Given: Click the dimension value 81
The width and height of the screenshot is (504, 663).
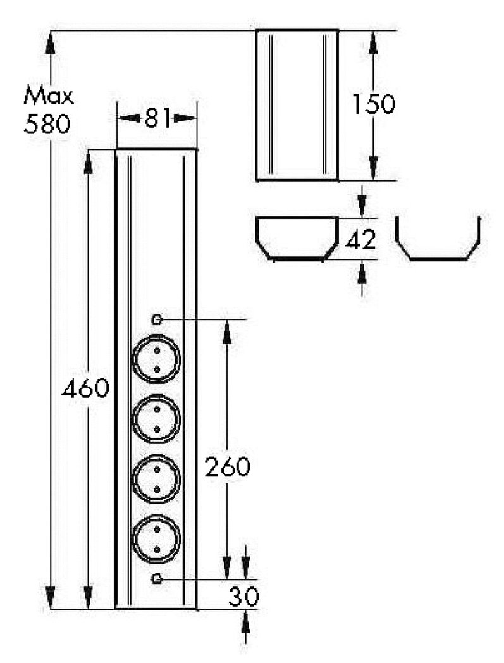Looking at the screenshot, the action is (x=157, y=118).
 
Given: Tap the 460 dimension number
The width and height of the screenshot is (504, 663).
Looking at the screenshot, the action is (x=85, y=388).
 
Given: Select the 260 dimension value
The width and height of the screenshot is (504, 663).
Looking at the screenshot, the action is (x=228, y=466).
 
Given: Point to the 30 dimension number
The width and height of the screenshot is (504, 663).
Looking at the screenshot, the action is (x=244, y=597).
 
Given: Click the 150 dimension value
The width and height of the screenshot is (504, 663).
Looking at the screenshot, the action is (x=374, y=104).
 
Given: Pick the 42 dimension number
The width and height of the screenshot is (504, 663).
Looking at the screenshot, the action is (x=360, y=239).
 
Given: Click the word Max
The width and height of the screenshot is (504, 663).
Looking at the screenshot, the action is (x=48, y=96).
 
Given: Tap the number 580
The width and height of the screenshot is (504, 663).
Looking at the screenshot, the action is (x=47, y=124).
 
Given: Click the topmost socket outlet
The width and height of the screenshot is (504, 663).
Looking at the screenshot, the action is (x=156, y=359).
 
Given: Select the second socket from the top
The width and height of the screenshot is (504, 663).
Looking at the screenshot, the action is (x=156, y=419).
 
